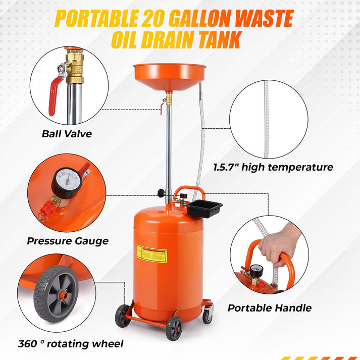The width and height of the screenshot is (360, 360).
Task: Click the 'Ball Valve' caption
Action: coord(67,134)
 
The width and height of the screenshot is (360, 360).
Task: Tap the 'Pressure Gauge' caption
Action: coord(67,241)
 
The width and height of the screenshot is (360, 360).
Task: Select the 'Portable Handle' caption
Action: coord(269,307)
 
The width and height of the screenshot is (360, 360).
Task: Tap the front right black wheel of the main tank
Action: coord(174,329)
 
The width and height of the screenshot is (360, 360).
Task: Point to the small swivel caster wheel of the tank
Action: coord(208,317)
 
